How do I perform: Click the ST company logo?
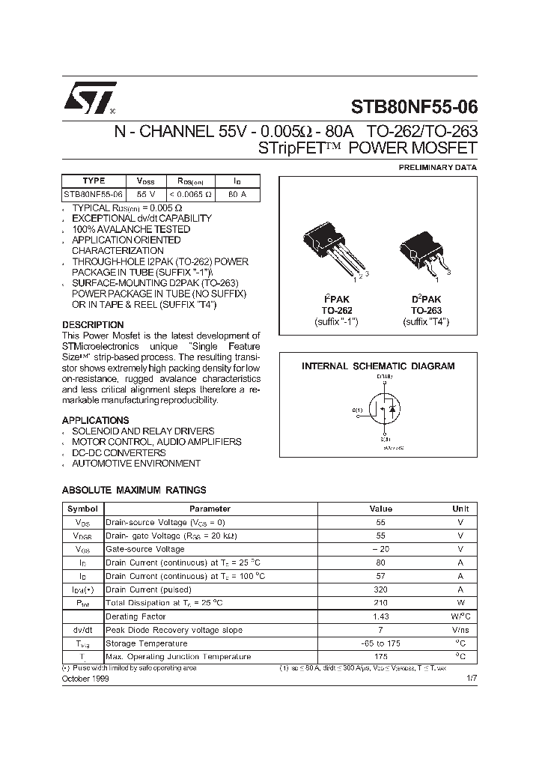pyautogui.click(x=87, y=100)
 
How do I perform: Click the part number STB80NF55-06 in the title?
pyautogui.click(x=414, y=106)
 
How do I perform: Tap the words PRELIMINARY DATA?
pyautogui.click(x=437, y=167)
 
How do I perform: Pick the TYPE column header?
pyautogui.click(x=94, y=181)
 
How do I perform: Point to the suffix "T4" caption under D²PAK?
pyautogui.click(x=425, y=321)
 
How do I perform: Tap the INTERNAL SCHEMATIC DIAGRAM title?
pyautogui.click(x=377, y=366)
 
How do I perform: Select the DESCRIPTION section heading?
pyautogui.click(x=93, y=325)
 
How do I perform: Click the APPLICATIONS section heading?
pyautogui.click(x=95, y=420)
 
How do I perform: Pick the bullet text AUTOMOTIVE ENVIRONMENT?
pyautogui.click(x=135, y=464)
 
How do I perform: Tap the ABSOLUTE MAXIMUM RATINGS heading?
pyautogui.click(x=133, y=490)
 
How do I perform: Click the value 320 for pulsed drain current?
pyautogui.click(x=381, y=589)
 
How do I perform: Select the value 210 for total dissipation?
pyautogui.click(x=381, y=603)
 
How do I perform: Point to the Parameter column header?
pyautogui.click(x=210, y=509)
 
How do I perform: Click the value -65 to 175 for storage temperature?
pyautogui.click(x=381, y=643)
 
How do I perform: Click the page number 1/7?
pyautogui.click(x=470, y=677)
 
